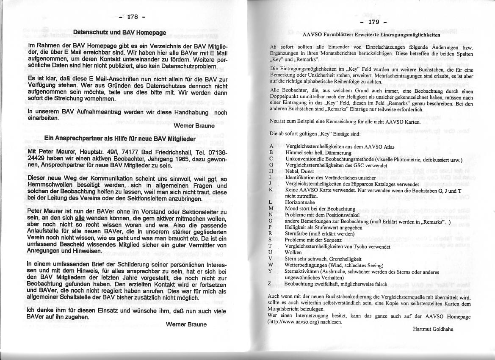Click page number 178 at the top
[133, 17]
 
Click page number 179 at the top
[374, 22]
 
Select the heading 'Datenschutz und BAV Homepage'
[120, 32]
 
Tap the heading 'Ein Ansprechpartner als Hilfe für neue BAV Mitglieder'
[120, 138]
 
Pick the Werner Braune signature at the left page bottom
[186, 324]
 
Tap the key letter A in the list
[271, 147]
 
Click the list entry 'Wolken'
[293, 252]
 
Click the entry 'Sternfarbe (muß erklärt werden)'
[314, 233]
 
